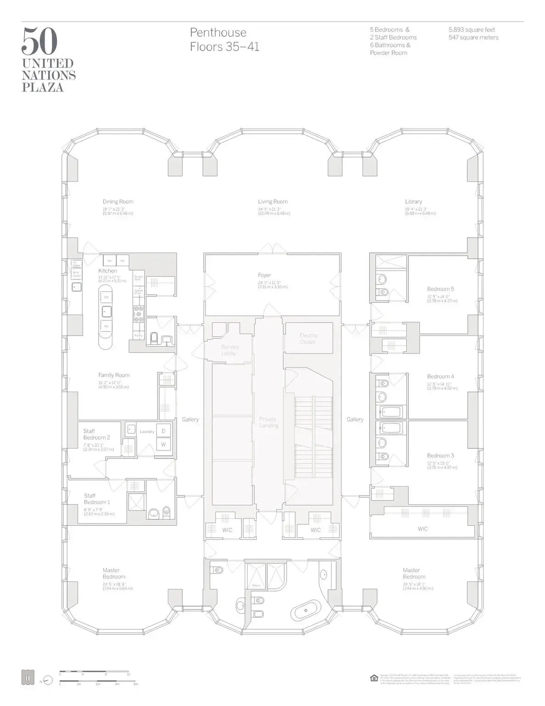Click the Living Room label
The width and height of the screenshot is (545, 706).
coord(273,201)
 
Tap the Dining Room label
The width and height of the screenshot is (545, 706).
coord(118,201)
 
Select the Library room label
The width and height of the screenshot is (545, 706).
coord(413,201)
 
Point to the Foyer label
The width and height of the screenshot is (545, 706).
coord(264,275)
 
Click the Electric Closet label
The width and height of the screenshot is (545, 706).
coord(309,338)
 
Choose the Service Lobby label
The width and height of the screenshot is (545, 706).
coord(230,350)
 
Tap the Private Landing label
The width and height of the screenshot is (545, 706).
coord(268,422)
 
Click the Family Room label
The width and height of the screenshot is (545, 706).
coord(114,375)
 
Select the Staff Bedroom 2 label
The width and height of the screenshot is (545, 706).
coord(96,434)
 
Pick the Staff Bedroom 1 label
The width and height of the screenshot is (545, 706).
coord(97,499)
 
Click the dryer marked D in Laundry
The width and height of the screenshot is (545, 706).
coord(163,431)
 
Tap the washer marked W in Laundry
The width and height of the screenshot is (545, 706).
coord(163,444)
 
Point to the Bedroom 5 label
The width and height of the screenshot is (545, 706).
coord(440,289)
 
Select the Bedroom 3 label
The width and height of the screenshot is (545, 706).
coord(440,455)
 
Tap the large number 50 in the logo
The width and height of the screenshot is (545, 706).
coord(39,41)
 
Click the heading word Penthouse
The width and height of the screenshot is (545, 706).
coord(218,33)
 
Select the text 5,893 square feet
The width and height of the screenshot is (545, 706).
coord(472,30)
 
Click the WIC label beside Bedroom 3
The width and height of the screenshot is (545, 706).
coord(422,529)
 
